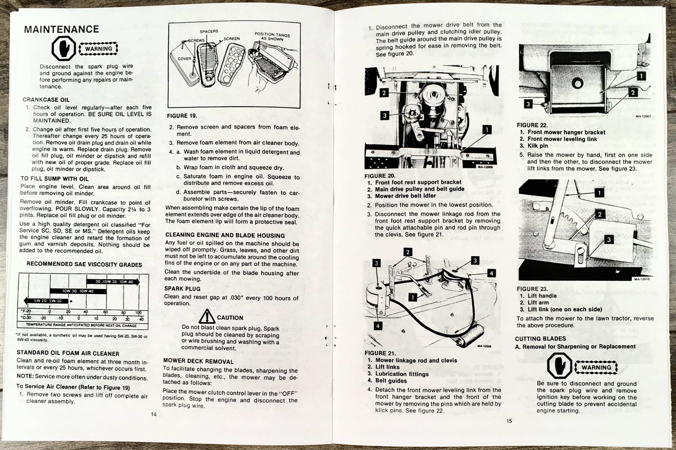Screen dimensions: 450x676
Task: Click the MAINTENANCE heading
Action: pos(62,29)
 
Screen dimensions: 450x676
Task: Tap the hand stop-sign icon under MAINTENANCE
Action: pos(63,49)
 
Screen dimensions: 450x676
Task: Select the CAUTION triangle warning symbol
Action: pos(207,316)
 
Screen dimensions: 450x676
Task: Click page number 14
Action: pos(154,414)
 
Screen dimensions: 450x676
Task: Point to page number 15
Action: pos(509,421)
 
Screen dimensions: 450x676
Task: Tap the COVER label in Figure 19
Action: pos(184,59)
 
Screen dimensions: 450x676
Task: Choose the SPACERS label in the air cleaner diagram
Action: pos(209,31)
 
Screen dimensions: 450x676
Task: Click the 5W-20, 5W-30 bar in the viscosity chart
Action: pos(48,301)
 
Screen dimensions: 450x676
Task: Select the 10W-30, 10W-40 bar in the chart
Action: pos(78,291)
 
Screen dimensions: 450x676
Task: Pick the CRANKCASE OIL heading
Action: pos(46,100)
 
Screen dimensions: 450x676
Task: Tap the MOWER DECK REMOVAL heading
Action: pos(198,361)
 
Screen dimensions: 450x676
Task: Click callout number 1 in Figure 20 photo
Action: pos(487,130)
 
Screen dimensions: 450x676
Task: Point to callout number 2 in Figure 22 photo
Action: pos(632,92)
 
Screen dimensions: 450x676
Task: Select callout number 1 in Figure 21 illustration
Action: pos(412,297)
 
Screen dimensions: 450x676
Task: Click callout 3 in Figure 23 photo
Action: pos(608,239)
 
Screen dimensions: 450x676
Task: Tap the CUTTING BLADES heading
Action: pos(540,339)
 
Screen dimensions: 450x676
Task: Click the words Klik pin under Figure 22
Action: pos(538,146)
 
